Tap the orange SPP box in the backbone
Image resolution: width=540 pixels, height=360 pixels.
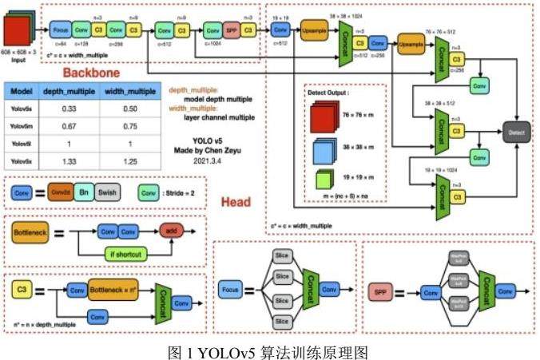pos(232,30)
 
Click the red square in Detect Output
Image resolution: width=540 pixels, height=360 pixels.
pos(320,117)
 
